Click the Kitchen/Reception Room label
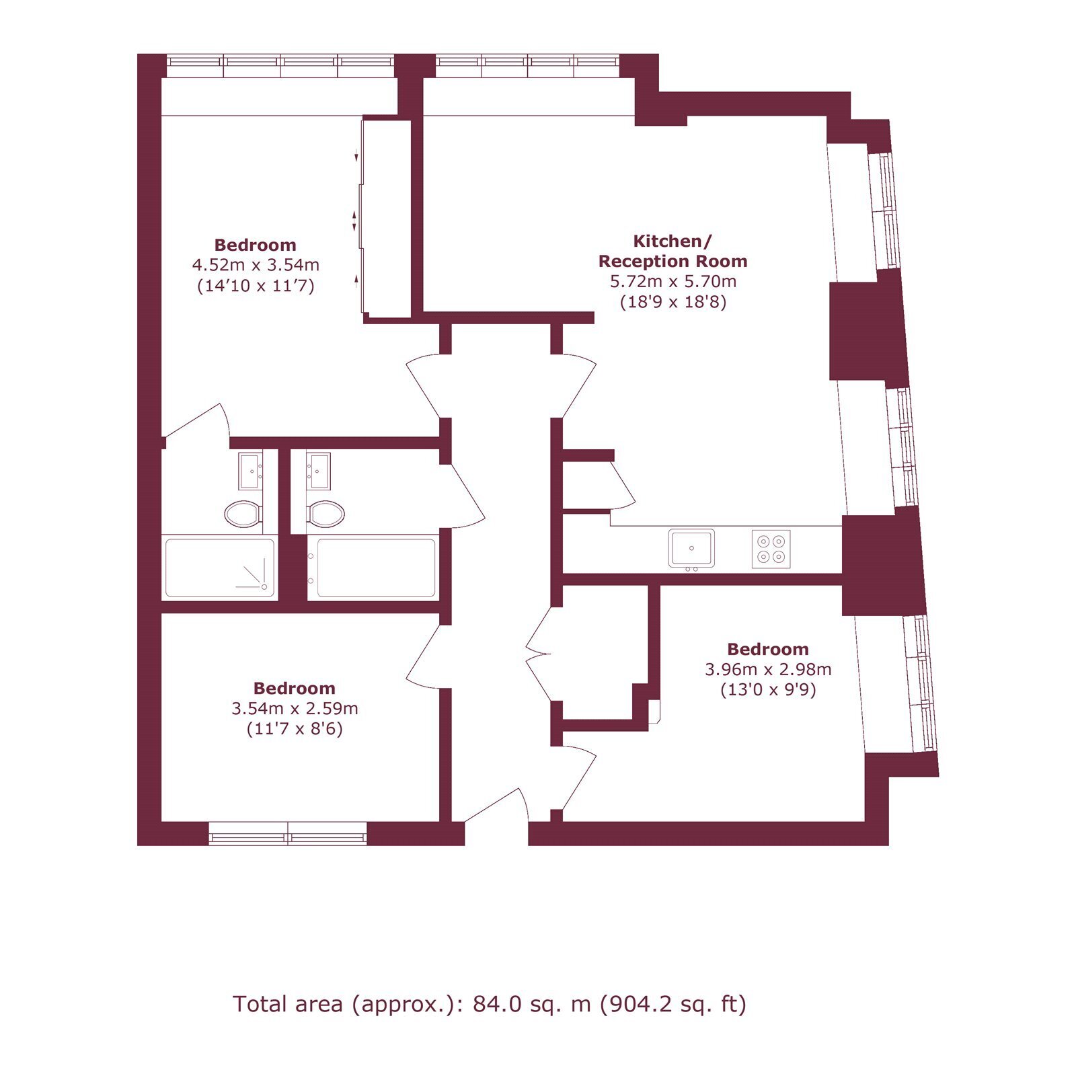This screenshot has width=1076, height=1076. coord(672,251)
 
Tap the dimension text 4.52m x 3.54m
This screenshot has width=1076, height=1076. coord(256,265)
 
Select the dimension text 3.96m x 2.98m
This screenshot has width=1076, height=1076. coord(768,670)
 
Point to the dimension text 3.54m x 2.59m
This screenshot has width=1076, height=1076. coord(295,709)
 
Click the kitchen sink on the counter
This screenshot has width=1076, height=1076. coord(691,548)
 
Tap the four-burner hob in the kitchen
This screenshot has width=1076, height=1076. coord(771,549)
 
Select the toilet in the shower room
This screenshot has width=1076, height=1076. coord(243,514)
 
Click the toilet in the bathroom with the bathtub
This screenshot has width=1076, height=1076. coord(326,514)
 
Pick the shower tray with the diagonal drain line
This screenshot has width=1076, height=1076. coord(220,568)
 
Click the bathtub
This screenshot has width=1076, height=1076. coord(372,568)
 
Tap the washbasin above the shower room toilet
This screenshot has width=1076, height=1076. coord(250,471)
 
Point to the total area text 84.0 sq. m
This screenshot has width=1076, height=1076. coord(531,1004)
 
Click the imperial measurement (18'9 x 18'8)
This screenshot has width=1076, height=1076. coord(673,301)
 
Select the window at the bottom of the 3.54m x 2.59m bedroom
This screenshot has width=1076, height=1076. coord(288,834)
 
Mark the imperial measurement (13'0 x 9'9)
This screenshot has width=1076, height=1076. coord(768,690)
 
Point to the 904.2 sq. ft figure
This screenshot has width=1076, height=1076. coord(672,1004)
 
